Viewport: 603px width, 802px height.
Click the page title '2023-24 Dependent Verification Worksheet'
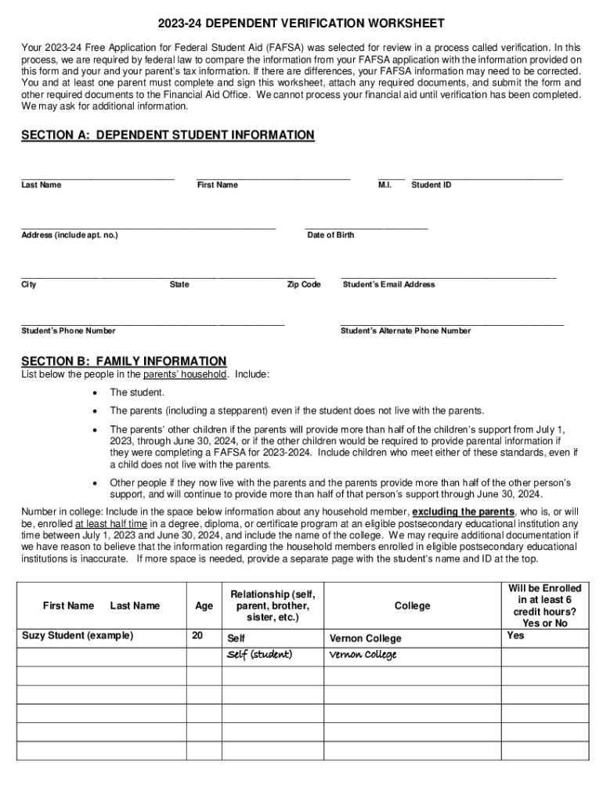[301, 23]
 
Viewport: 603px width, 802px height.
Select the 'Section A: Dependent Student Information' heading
[168, 135]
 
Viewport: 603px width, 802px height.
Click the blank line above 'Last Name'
[97, 179]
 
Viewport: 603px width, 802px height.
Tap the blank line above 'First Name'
[273, 179]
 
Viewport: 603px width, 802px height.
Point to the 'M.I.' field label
[385, 186]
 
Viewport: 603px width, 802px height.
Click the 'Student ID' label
[431, 186]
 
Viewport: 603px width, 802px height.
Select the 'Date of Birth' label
[330, 235]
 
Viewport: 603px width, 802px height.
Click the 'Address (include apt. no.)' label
[70, 235]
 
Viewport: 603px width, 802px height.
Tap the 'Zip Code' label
[304, 284]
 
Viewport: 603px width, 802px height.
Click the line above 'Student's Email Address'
[449, 278]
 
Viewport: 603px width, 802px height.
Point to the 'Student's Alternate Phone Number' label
[406, 331]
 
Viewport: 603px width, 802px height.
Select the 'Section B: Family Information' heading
[124, 361]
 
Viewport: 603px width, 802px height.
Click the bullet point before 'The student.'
[95, 392]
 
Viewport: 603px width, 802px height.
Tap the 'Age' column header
[204, 605]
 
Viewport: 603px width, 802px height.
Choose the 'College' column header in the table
[412, 605]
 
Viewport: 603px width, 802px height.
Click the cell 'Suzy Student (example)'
[78, 635]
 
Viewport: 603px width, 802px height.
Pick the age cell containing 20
[197, 635]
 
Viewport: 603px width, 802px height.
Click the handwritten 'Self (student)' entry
[259, 655]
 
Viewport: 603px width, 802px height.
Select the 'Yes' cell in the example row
[515, 635]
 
